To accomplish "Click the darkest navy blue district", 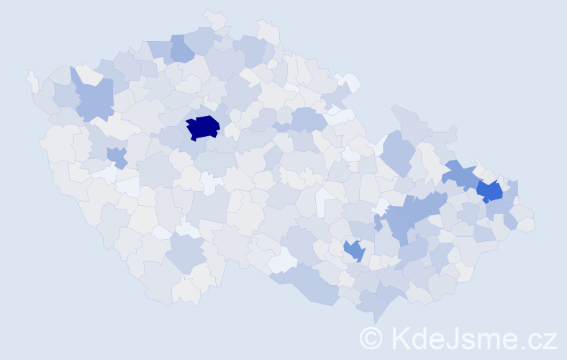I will click(203, 127).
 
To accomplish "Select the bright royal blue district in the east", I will click(489, 191).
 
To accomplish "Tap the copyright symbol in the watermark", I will click(371, 337).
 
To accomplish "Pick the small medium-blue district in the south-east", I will click(353, 250).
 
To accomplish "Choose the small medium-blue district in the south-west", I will click(115, 156).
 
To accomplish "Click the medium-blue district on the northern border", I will click(181, 48).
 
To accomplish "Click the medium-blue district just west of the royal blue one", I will click(458, 175).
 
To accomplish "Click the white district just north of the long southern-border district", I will click(282, 259).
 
